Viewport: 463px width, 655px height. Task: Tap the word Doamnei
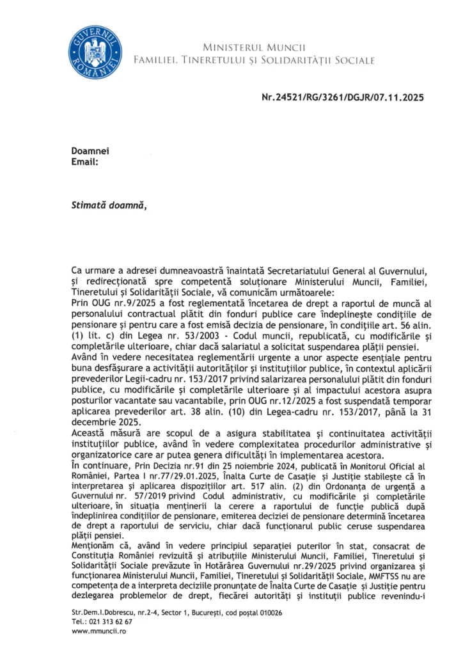[x=90, y=150]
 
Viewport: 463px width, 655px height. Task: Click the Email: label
[x=84, y=162]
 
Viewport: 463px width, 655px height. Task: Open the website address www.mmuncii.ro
[x=98, y=631]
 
